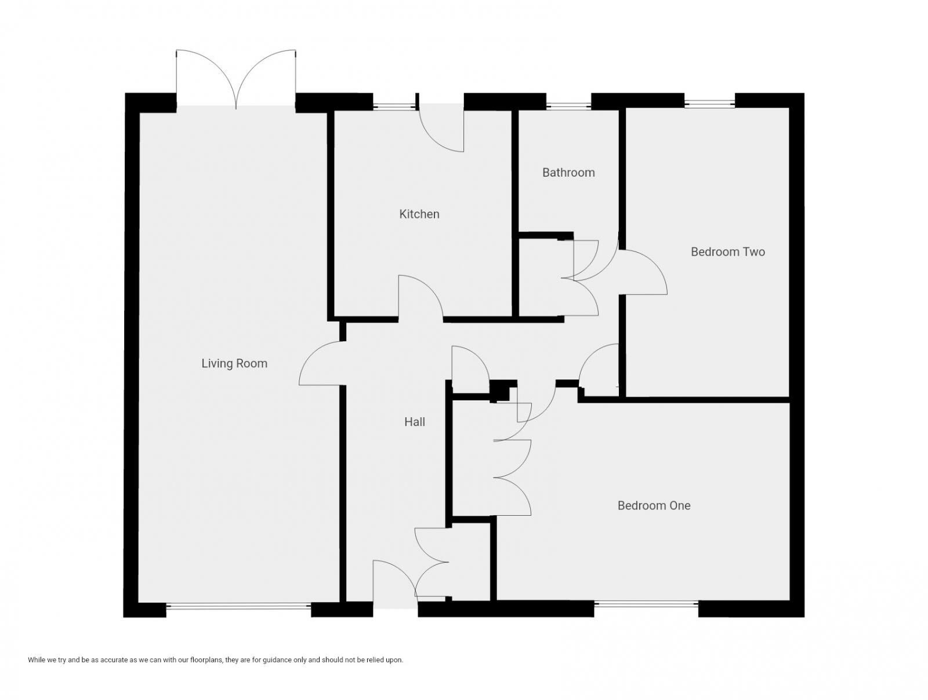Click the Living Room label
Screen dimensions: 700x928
pyautogui.click(x=234, y=364)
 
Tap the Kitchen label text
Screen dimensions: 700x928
pyautogui.click(x=419, y=214)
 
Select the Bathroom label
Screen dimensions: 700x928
pyautogui.click(x=568, y=173)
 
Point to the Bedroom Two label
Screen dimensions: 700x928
pyautogui.click(x=728, y=252)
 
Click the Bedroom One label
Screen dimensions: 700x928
pyautogui.click(x=654, y=506)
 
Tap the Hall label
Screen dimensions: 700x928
pyautogui.click(x=415, y=422)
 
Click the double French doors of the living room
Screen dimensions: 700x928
pyautogui.click(x=236, y=81)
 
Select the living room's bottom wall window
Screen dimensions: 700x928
pyautogui.click(x=238, y=607)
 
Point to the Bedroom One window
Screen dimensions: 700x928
pyautogui.click(x=646, y=604)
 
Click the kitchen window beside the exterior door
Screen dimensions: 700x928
pyautogui.click(x=393, y=106)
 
